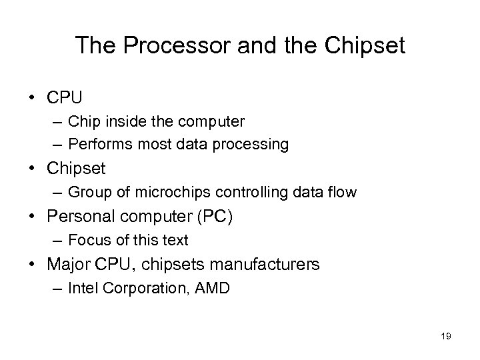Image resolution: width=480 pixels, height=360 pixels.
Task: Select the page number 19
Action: click(445, 337)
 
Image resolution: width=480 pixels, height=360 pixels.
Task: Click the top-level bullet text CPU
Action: click(65, 98)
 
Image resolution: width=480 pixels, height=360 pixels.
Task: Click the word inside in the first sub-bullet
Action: click(148, 122)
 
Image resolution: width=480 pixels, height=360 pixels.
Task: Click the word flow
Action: click(341, 193)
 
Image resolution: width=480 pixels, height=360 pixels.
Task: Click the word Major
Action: click(69, 265)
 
